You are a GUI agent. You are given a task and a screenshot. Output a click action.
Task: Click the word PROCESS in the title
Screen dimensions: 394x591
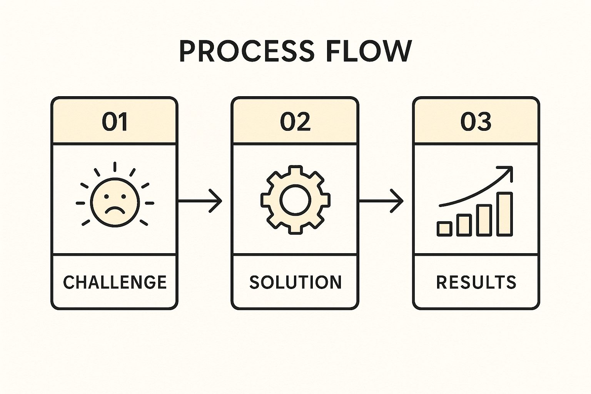247,52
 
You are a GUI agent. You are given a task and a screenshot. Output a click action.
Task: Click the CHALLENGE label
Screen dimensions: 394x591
115,282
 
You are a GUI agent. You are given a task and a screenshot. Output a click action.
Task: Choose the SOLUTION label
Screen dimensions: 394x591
295,282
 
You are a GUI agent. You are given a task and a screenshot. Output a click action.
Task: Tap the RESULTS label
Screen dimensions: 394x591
476,282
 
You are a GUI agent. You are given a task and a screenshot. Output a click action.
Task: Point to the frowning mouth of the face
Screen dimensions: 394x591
115,211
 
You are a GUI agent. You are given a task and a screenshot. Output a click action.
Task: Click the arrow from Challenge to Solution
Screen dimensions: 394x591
200,200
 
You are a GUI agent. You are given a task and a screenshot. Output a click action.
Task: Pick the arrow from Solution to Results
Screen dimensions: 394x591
381,200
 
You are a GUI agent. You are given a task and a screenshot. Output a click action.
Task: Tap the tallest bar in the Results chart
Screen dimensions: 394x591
504,214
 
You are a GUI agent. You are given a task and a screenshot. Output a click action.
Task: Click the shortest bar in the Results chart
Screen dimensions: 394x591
444,229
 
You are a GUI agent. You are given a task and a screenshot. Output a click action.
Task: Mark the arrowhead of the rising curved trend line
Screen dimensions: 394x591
509,170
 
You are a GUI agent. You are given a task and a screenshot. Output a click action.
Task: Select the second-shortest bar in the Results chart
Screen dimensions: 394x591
464,225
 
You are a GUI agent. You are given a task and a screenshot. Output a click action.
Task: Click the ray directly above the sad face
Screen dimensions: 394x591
115,167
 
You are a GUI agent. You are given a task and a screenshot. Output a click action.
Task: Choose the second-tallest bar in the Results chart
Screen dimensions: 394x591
484,220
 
